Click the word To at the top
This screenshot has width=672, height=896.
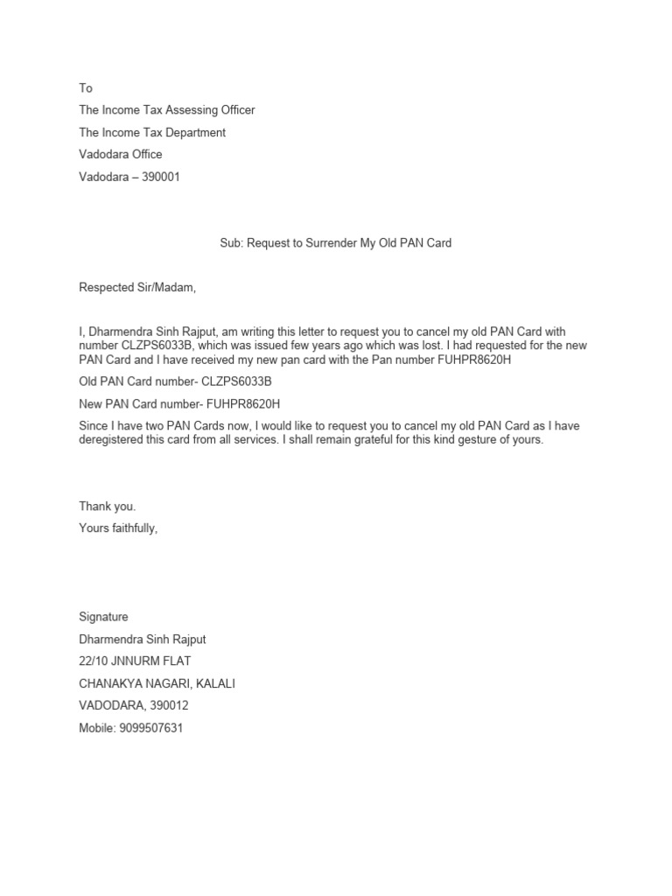(x=86, y=88)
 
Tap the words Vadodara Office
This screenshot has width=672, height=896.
(x=121, y=154)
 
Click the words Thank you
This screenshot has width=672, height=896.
(x=108, y=507)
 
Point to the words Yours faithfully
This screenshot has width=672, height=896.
(x=118, y=528)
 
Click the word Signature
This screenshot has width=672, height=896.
(x=103, y=618)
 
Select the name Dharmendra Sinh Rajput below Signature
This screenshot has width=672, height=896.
(x=142, y=640)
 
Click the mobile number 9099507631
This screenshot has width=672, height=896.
(x=152, y=728)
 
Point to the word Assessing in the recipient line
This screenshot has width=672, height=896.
(x=183, y=110)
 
